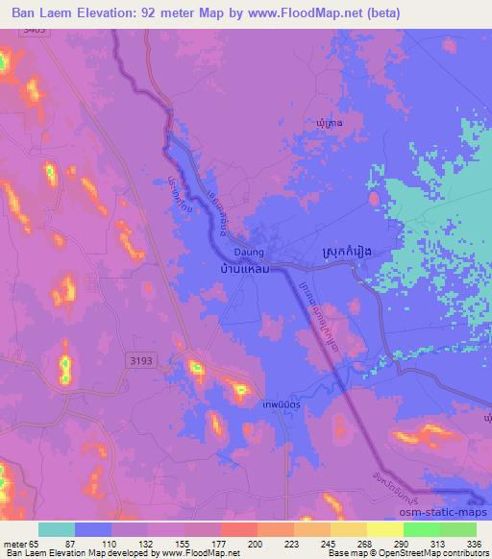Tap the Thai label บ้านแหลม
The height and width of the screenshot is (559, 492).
238,271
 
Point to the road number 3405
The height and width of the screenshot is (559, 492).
35,31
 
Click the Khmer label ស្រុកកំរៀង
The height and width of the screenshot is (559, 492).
343,252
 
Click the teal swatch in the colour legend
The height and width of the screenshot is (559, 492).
56,529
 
